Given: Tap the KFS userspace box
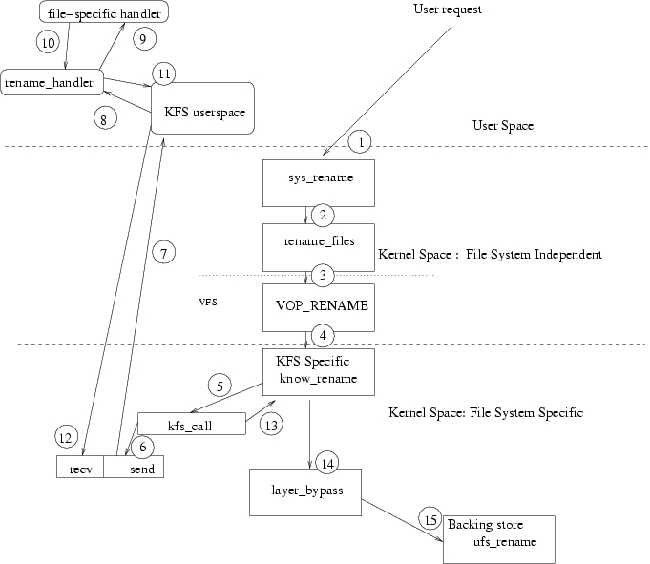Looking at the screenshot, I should tap(203, 113).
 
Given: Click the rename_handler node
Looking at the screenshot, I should tap(52, 83).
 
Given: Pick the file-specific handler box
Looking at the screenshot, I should tap(104, 12).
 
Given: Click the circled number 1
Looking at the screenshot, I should tap(361, 143).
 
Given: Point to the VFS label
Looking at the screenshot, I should tap(208, 302).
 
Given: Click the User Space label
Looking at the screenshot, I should tap(503, 126).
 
